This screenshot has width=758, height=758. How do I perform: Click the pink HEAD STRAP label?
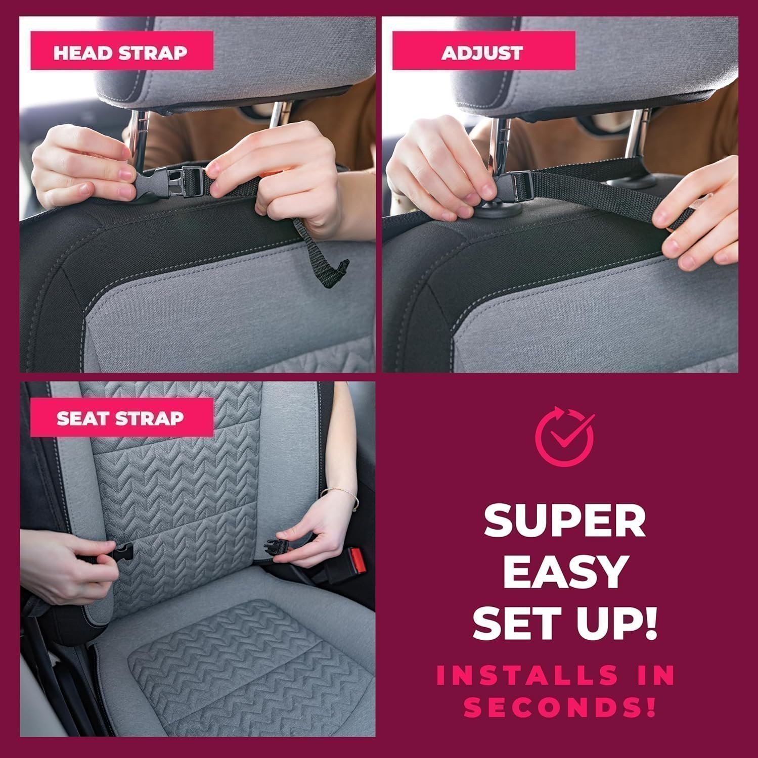(x=121, y=51)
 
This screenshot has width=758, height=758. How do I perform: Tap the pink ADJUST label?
(x=483, y=51)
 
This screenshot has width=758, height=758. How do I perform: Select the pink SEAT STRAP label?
(x=121, y=417)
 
